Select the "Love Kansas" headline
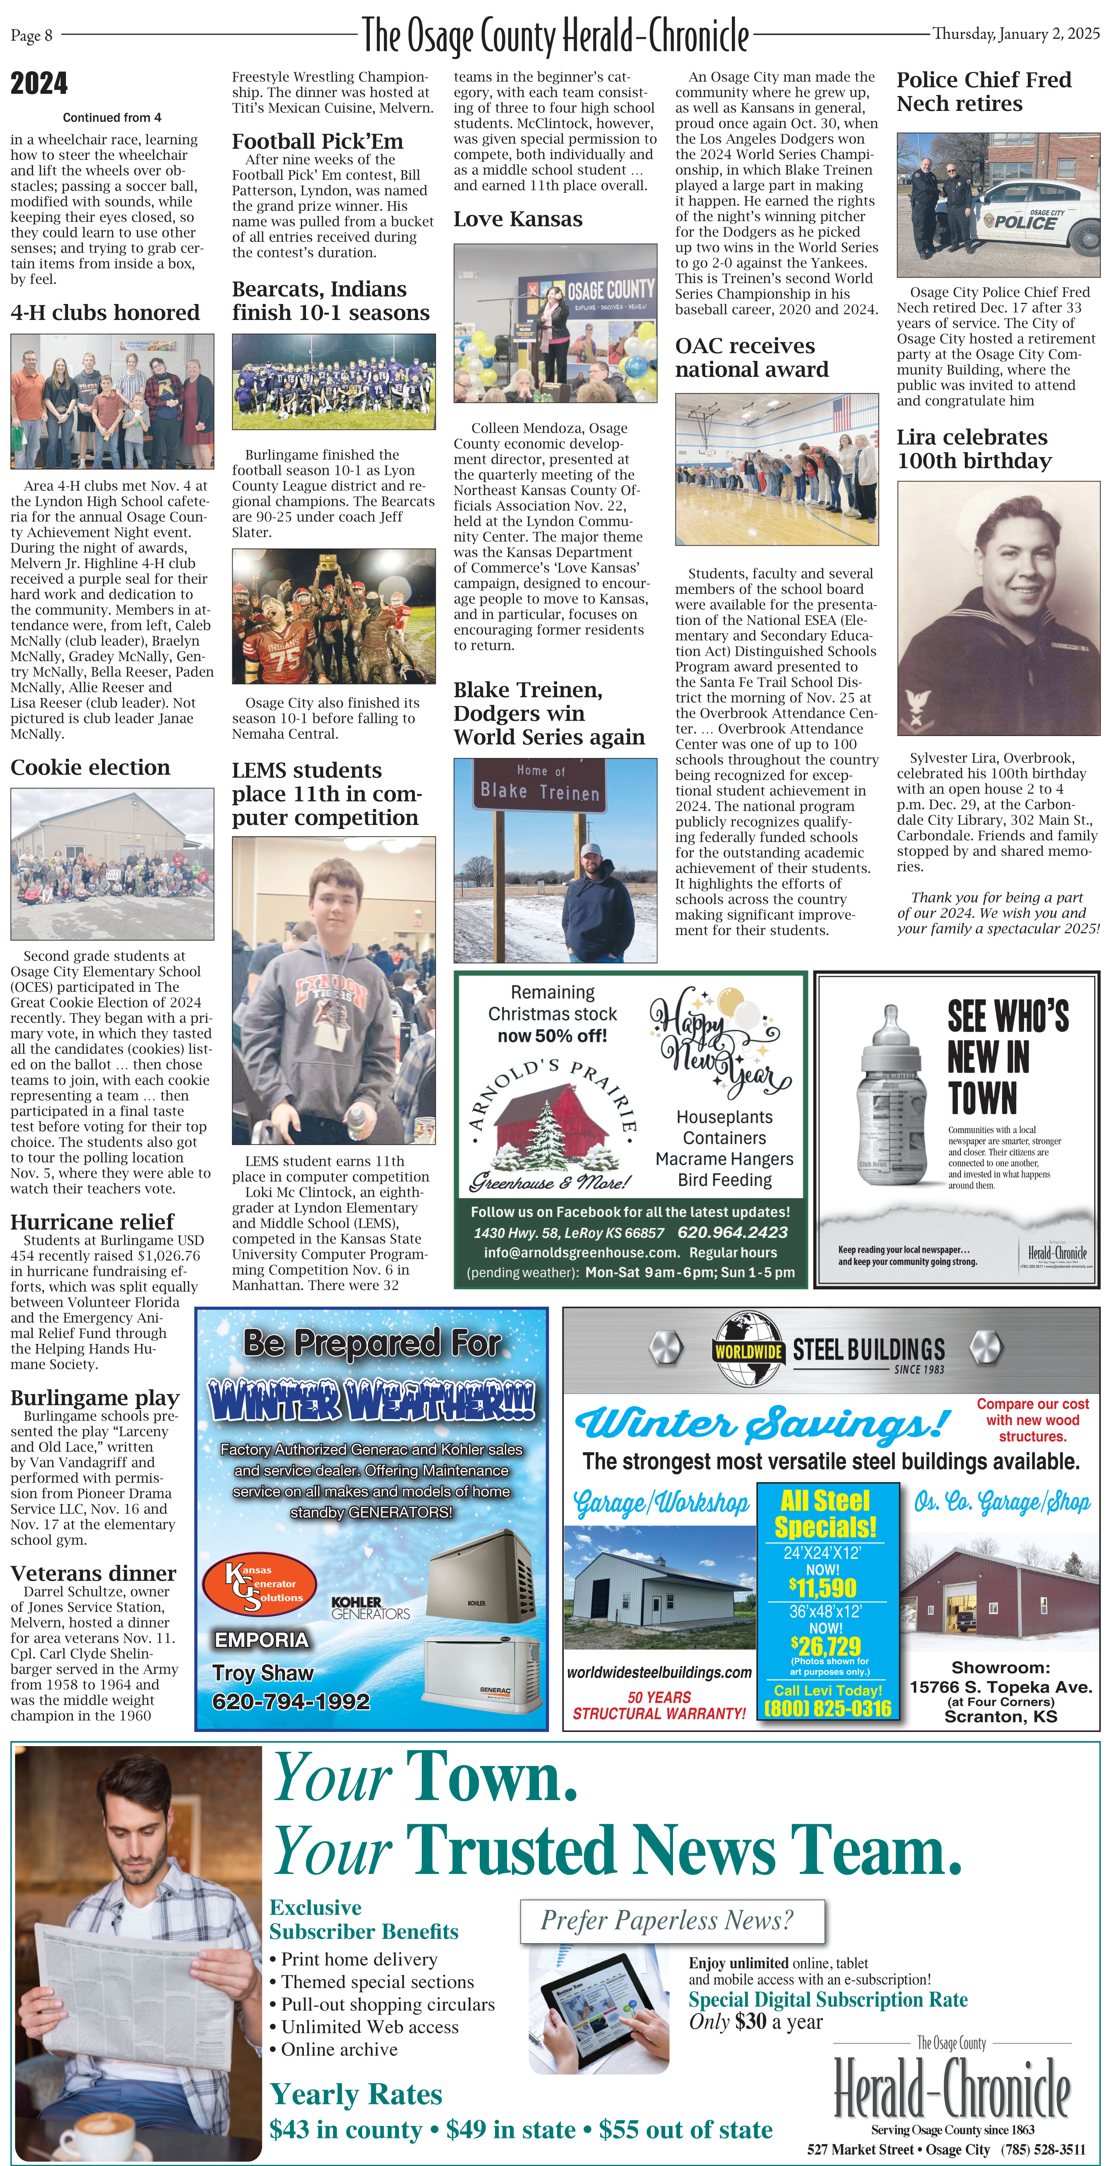(x=517, y=219)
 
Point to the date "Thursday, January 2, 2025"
(x=1016, y=34)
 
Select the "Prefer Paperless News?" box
(x=671, y=1920)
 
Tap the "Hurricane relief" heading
(x=92, y=1222)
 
